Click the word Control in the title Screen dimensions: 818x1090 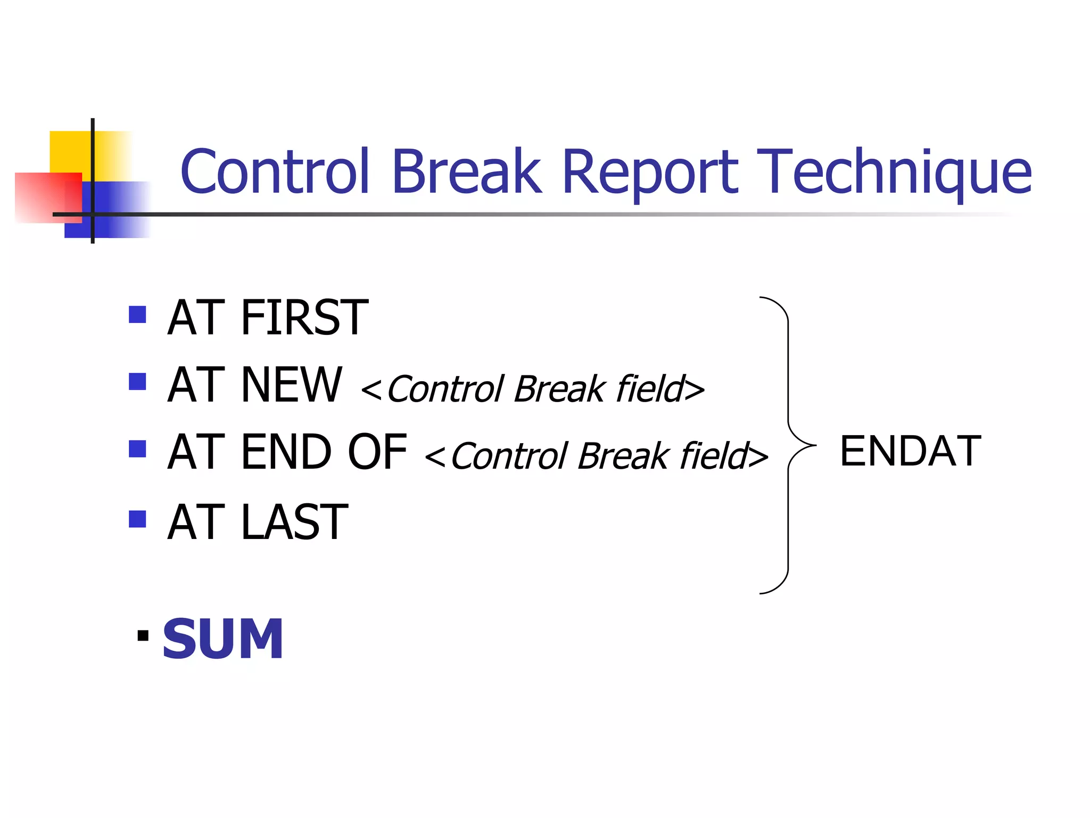click(x=275, y=171)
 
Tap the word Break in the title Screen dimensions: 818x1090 click(x=466, y=171)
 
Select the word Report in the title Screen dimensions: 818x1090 click(x=650, y=173)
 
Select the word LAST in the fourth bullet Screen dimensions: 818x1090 click(x=294, y=522)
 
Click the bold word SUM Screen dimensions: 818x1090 click(x=222, y=639)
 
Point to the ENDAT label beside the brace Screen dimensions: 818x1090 click(x=910, y=451)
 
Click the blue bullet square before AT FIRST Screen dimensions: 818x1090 click(x=137, y=314)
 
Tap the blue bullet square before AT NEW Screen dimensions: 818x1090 click(x=137, y=381)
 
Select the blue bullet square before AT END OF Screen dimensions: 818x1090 click(x=137, y=449)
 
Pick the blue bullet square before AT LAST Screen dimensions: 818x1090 click(x=137, y=519)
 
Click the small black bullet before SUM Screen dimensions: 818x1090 click(x=143, y=635)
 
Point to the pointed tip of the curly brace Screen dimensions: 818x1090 click(x=814, y=445)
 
